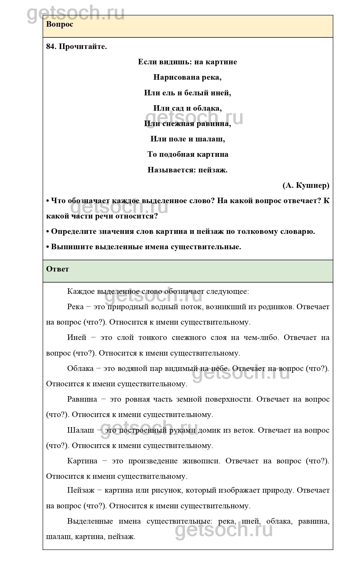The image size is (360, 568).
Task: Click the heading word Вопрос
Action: point(59,24)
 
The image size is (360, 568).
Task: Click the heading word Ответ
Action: point(57,269)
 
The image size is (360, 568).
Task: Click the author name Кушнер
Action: point(313,185)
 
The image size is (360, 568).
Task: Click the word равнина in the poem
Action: point(214,124)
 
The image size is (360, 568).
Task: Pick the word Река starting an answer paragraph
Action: point(75,307)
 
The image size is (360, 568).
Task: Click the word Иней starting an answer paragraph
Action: point(77,338)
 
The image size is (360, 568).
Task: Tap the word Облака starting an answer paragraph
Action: point(80,368)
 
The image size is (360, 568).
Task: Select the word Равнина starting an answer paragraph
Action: point(82,399)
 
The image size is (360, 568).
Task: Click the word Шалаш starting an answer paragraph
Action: point(81,430)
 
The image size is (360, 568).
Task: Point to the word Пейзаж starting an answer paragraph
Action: point(81,490)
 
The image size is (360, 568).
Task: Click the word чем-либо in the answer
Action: point(261,338)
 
